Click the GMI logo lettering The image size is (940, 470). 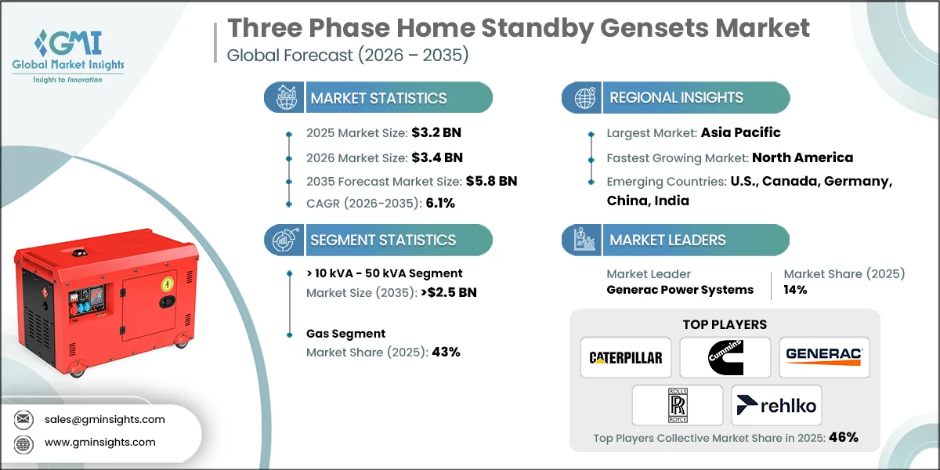(69, 43)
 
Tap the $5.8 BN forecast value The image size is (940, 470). (491, 181)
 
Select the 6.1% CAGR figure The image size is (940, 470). (440, 203)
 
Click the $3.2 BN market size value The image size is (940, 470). (436, 132)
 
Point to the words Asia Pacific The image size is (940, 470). (741, 132)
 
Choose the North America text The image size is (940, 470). (802, 157)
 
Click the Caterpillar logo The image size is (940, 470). (626, 357)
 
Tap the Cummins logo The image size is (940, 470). (725, 357)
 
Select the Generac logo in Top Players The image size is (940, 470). (824, 356)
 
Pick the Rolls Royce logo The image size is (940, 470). (678, 406)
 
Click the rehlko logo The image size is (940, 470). (776, 406)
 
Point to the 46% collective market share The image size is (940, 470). (844, 437)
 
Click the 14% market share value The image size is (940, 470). (795, 290)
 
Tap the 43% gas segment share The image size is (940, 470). (446, 352)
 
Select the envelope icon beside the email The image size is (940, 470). (23, 419)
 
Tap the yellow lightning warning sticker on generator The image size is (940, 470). (168, 284)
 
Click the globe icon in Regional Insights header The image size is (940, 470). (584, 98)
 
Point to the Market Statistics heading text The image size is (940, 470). (378, 98)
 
